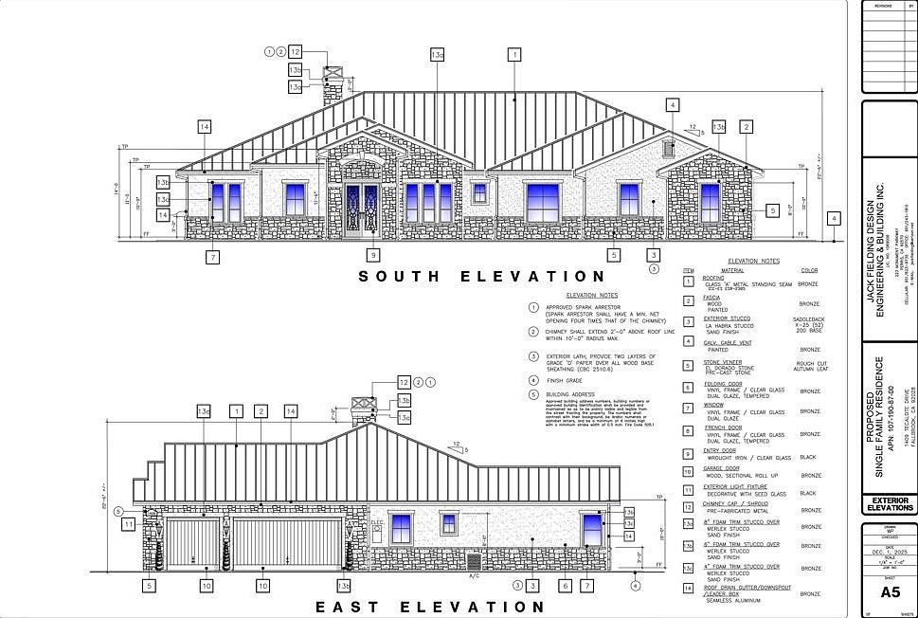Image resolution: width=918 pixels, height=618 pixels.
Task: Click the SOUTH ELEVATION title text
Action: [482, 277]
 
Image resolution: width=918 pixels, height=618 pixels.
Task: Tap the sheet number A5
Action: [890, 592]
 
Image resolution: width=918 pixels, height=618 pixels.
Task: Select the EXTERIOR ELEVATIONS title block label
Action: [890, 504]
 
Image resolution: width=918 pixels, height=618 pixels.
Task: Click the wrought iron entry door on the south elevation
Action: [362, 209]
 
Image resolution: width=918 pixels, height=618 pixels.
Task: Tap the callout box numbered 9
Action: [373, 255]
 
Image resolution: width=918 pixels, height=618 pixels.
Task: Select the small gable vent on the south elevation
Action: [669, 148]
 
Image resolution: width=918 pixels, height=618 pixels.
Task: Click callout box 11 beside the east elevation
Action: [128, 523]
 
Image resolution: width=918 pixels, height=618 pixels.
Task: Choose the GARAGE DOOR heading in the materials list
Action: [720, 470]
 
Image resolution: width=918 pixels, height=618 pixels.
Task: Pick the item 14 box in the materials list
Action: [689, 589]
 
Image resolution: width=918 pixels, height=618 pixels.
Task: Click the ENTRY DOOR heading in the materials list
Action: [719, 451]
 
